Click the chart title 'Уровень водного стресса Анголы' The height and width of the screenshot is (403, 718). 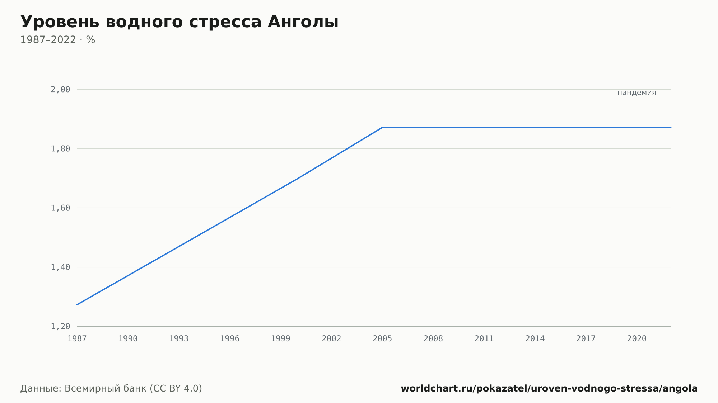coord(179,22)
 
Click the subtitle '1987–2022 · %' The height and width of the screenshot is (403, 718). coord(58,40)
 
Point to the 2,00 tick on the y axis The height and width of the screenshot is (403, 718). coord(60,90)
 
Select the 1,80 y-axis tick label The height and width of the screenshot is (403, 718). coord(60,149)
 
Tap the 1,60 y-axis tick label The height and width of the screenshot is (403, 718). coord(60,208)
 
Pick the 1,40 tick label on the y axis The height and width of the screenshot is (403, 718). coord(60,267)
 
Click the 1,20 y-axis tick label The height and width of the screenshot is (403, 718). coord(60,326)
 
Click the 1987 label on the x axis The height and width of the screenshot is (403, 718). coord(77,339)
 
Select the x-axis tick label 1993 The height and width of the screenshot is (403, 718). coord(179,339)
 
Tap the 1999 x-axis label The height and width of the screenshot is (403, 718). coord(281,339)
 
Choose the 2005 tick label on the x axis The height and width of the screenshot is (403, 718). coord(382,339)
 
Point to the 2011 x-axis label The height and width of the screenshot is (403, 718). coord(484,339)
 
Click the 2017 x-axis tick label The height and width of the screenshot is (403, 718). coord(586,339)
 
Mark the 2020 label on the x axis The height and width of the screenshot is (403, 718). coord(637,339)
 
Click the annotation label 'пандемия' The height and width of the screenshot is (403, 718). coord(637,93)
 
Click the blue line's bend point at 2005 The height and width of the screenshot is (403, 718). coord(382,127)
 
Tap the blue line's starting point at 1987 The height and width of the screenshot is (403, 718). coord(77,305)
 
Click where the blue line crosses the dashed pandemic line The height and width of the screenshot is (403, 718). coord(637,127)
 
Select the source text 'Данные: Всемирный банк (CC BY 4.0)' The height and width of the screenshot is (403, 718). coord(111,389)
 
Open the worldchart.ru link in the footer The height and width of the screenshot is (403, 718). coord(549,389)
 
